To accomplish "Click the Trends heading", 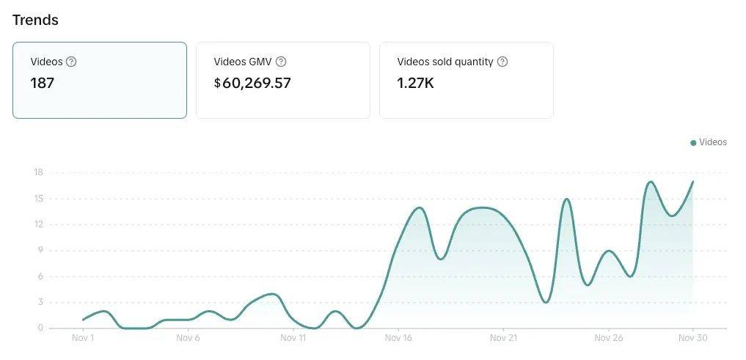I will (x=35, y=20).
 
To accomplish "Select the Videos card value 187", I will (x=42, y=83).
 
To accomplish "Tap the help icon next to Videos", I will (x=71, y=62).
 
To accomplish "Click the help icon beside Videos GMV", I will (x=281, y=62).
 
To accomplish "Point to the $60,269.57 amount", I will (x=252, y=83).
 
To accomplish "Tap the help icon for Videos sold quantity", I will (x=502, y=62).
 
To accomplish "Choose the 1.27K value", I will (x=415, y=83).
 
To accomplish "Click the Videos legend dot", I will (x=693, y=142).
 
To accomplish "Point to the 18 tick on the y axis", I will (x=38, y=172).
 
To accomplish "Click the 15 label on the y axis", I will (x=38, y=199).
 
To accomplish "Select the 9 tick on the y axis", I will (x=40, y=250).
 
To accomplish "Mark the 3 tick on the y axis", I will (x=40, y=302).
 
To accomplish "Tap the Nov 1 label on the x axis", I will (x=83, y=338).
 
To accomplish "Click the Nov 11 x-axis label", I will (x=293, y=338).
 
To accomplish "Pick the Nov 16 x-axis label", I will (x=398, y=338).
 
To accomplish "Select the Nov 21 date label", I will (x=503, y=338).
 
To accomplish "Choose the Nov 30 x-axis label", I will (x=692, y=338).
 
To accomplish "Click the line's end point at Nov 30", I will (x=692, y=181).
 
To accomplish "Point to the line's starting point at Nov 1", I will (x=83, y=320).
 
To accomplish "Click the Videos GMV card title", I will (x=243, y=62).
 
